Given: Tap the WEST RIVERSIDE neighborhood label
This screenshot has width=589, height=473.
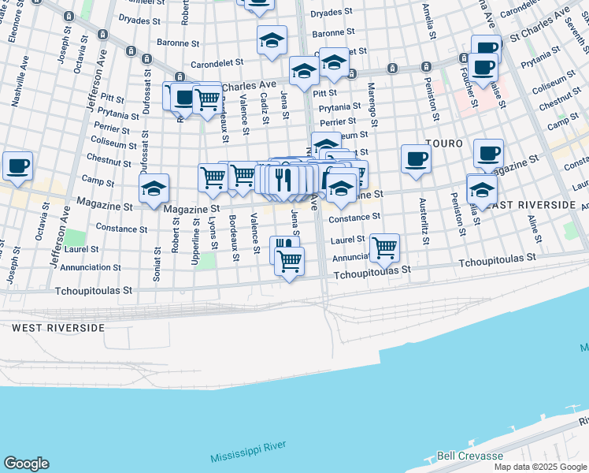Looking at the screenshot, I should coord(59,327).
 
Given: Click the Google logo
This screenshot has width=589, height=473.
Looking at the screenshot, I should coord(26,464).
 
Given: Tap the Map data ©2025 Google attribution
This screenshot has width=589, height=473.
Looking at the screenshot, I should coord(539,467).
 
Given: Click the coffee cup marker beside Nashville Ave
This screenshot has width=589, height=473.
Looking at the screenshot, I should coord(17,166).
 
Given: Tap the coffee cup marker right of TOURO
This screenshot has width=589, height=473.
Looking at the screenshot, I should coord(488,153).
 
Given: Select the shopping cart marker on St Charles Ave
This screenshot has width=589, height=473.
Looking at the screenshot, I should coord(207,99).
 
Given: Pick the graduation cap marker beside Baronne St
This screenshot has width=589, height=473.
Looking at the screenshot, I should coord(272,40).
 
